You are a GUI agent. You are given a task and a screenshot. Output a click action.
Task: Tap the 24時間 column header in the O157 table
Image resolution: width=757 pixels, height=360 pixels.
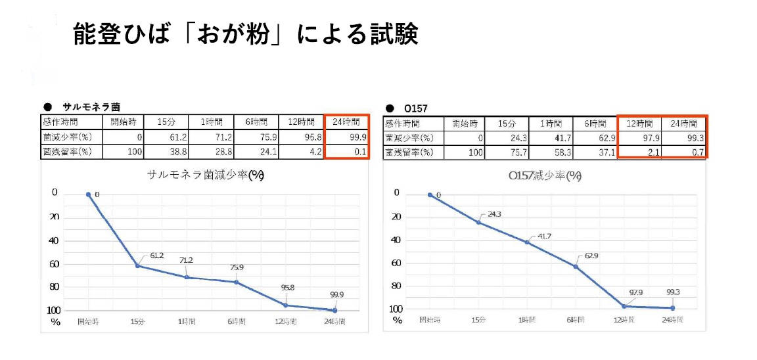pyautogui.click(x=683, y=123)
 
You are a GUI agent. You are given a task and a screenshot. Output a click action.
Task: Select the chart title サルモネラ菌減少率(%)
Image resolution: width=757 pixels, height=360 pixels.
pyautogui.click(x=206, y=175)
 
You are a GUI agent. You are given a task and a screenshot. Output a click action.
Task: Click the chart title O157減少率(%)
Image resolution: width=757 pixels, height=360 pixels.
pyautogui.click(x=545, y=176)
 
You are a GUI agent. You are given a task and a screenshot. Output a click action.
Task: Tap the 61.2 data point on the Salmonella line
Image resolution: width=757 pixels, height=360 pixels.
pyautogui.click(x=138, y=265)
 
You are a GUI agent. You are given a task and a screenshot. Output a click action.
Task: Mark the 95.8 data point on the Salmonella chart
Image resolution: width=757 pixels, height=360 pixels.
pyautogui.click(x=286, y=305)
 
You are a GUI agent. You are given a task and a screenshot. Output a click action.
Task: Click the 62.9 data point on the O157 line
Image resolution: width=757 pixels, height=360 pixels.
pyautogui.click(x=576, y=266)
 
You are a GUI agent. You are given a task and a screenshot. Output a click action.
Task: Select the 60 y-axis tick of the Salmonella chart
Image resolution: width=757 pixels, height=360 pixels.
pyautogui.click(x=55, y=263)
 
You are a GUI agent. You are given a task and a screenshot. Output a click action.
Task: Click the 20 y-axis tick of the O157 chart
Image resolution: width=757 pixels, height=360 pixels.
pyautogui.click(x=396, y=216)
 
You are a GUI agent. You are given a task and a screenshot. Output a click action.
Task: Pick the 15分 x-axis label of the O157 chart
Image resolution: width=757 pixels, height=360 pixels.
pyautogui.click(x=478, y=320)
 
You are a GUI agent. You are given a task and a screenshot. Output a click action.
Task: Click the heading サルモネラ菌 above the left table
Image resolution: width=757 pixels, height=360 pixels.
pyautogui.click(x=91, y=106)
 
